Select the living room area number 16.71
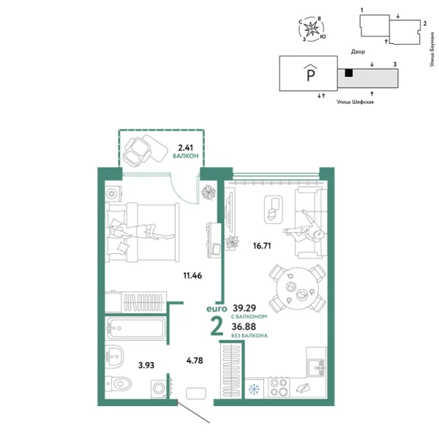[x=261, y=246]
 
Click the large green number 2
[x=217, y=326]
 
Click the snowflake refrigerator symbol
[x=255, y=389]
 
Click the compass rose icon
[x=315, y=30]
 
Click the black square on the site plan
[x=350, y=72]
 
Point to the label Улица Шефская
[x=355, y=103]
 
